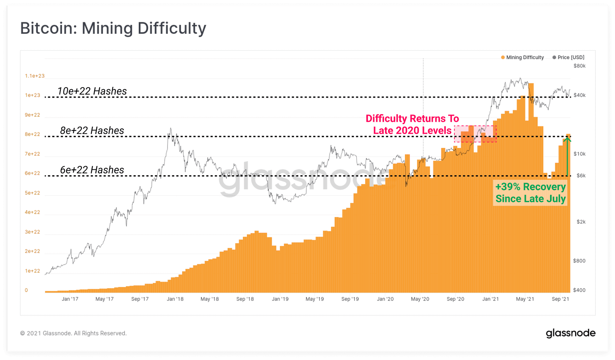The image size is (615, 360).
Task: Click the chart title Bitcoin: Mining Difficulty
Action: [113, 28]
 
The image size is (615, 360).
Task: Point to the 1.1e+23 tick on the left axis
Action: [35, 76]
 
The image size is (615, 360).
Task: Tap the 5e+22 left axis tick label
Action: [32, 193]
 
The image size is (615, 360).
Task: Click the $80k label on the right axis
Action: [579, 66]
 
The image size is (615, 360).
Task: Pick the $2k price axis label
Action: [581, 222]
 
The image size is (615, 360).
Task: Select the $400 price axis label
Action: [579, 290]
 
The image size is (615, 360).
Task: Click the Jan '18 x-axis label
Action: [175, 299]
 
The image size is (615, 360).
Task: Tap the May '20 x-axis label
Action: [420, 299]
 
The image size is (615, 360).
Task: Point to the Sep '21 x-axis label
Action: [560, 299]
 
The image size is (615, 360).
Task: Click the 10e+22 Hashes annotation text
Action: [92, 91]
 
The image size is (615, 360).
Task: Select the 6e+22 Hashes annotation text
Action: [92, 170]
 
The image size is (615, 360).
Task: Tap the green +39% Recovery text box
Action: [530, 193]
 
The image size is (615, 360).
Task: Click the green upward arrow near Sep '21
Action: [567, 156]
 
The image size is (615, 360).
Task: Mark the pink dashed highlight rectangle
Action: [475, 134]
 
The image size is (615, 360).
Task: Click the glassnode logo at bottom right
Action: [570, 333]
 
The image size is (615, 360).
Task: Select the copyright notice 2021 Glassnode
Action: [73, 333]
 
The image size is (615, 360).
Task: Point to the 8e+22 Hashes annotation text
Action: [92, 131]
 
